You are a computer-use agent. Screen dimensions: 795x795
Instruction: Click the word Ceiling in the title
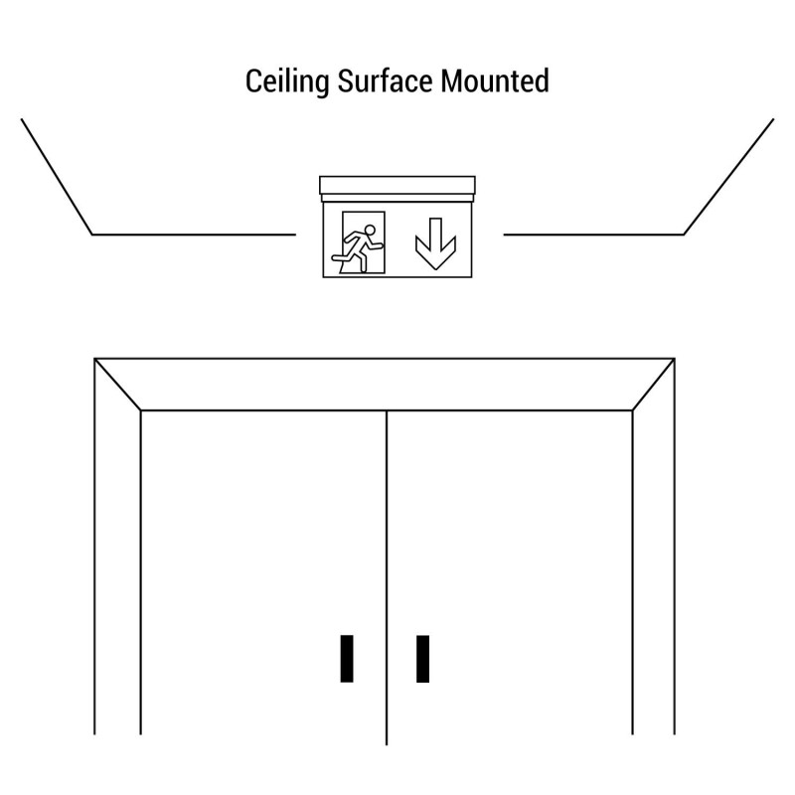pyautogui.click(x=287, y=81)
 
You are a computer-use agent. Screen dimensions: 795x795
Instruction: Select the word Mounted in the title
pyautogui.click(x=495, y=80)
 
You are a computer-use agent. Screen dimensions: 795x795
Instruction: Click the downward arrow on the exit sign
pyautogui.click(x=435, y=243)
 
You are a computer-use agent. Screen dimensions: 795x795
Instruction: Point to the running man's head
pyautogui.click(x=370, y=231)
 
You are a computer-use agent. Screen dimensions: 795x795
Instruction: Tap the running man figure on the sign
pyautogui.click(x=358, y=249)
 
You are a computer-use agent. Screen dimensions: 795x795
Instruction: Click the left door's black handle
pyautogui.click(x=347, y=659)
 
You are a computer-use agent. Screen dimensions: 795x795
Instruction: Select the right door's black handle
pyautogui.click(x=423, y=659)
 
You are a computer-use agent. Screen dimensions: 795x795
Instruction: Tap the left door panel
pyautogui.click(x=263, y=573)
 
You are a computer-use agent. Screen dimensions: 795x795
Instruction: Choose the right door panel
pyautogui.click(x=510, y=573)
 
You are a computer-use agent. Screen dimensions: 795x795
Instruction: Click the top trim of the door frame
pyautogui.click(x=385, y=385)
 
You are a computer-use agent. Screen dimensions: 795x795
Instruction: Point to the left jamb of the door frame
pyautogui.click(x=117, y=548)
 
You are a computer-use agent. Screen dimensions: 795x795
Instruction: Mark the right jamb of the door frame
pyautogui.click(x=654, y=548)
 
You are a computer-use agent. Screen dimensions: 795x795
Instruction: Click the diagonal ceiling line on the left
pyautogui.click(x=57, y=177)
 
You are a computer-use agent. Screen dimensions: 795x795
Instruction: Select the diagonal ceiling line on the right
pyautogui.click(x=728, y=177)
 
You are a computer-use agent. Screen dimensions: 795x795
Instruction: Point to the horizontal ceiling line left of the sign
pyautogui.click(x=194, y=235)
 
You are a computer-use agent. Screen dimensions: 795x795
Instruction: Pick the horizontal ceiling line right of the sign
pyautogui.click(x=593, y=235)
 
